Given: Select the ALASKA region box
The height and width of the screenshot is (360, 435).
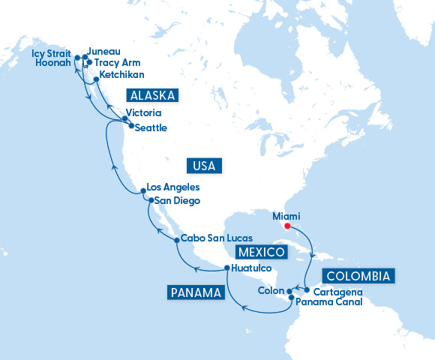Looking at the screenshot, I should click(153, 96).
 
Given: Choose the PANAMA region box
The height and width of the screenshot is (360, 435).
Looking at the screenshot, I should click(195, 292).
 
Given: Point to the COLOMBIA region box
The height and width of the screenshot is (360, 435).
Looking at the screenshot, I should click(358, 276).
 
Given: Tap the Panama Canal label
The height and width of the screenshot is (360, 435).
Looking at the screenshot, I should click(329, 302).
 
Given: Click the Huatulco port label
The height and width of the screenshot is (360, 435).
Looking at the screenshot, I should click(251, 268).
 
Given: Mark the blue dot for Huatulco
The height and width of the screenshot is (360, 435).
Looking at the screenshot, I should click(226, 268).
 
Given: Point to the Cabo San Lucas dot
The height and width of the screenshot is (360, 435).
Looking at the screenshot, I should click(176, 240).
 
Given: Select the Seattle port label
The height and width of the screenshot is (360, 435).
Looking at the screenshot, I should click(152, 128).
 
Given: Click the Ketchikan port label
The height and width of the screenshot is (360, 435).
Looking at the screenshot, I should click(121, 75).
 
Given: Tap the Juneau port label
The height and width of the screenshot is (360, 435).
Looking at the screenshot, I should click(104, 53).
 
